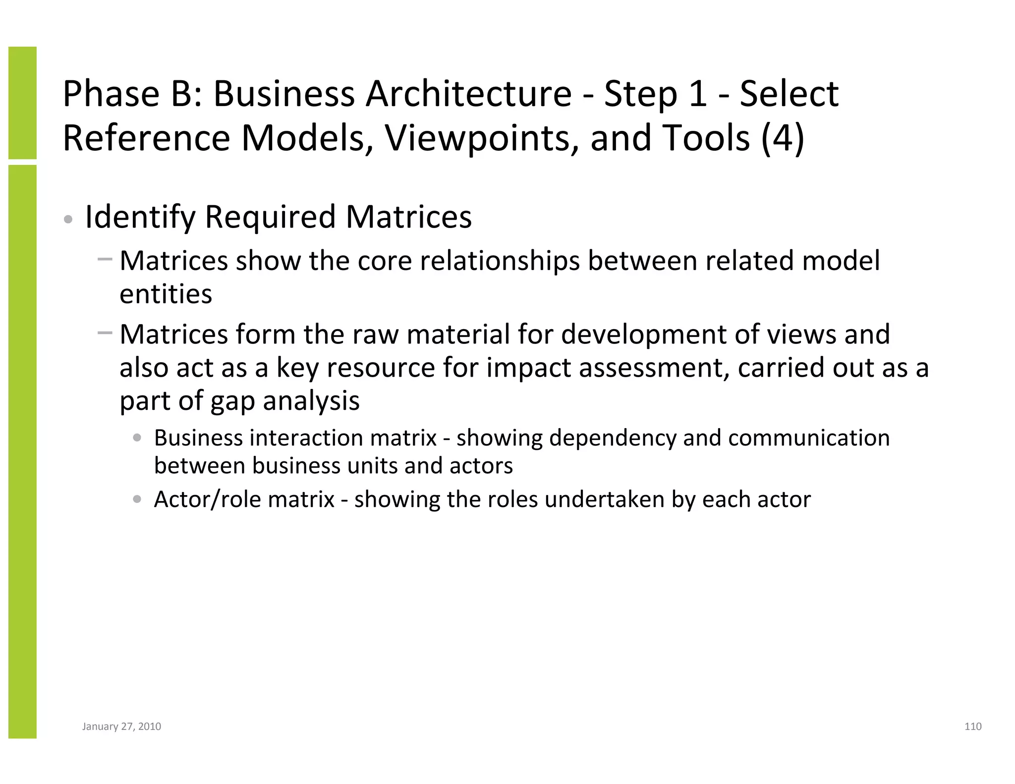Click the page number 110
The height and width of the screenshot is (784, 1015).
(973, 727)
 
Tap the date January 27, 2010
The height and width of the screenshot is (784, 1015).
(121, 727)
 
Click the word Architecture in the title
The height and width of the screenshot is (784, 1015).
(469, 94)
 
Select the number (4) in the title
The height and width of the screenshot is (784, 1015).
(783, 138)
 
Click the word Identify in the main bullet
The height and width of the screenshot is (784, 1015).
(140, 217)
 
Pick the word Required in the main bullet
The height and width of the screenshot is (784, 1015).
(271, 217)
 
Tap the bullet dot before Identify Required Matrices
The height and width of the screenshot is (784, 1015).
(69, 219)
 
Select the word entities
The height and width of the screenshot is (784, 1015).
(166, 294)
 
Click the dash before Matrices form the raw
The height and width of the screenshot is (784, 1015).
(105, 333)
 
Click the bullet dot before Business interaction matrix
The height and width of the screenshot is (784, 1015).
(137, 438)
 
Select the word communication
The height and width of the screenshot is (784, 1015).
(809, 438)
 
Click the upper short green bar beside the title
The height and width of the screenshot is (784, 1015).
(22, 103)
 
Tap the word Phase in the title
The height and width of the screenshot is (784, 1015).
(111, 94)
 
